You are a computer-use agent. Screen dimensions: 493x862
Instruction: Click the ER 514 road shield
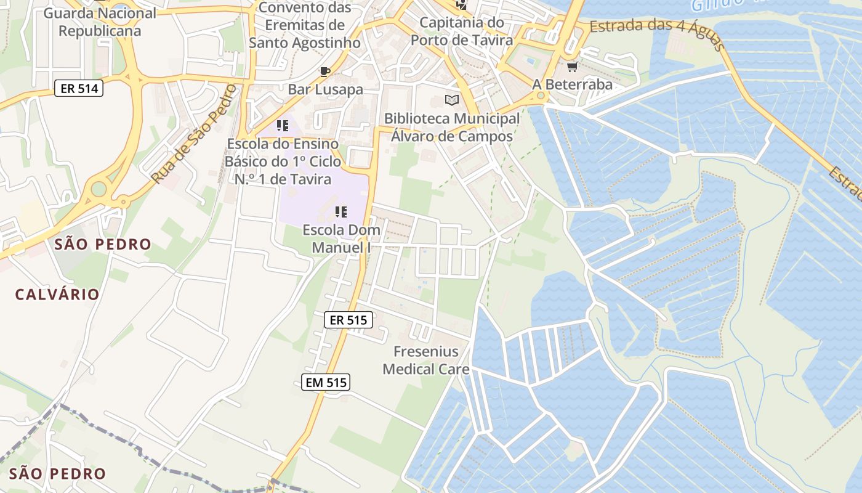pos(79,88)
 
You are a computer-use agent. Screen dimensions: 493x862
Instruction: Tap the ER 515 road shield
pos(348,320)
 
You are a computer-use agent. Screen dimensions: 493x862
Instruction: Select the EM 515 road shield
pos(326,382)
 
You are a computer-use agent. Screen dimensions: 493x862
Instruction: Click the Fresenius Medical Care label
pos(426,361)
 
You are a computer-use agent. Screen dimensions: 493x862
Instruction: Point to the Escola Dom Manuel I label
pos(341,238)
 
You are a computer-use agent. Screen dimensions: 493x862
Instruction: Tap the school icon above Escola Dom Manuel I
pos(340,212)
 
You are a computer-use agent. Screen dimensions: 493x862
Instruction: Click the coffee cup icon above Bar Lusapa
pos(325,71)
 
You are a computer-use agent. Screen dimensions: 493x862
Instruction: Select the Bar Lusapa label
pos(325,89)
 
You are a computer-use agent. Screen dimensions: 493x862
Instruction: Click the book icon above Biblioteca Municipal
pos(452,100)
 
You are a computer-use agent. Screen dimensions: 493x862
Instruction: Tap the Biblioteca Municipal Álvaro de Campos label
pos(452,127)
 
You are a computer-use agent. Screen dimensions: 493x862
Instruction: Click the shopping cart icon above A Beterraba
pos(573,67)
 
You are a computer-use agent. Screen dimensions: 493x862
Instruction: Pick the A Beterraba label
pos(573,84)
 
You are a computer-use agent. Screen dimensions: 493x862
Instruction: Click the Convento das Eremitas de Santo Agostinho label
pos(305,25)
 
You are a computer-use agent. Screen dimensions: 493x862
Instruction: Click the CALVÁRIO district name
pos(57,295)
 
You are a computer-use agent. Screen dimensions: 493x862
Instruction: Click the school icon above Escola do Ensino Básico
pos(283,126)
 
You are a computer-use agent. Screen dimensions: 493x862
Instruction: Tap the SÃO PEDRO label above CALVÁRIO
pos(103,244)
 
